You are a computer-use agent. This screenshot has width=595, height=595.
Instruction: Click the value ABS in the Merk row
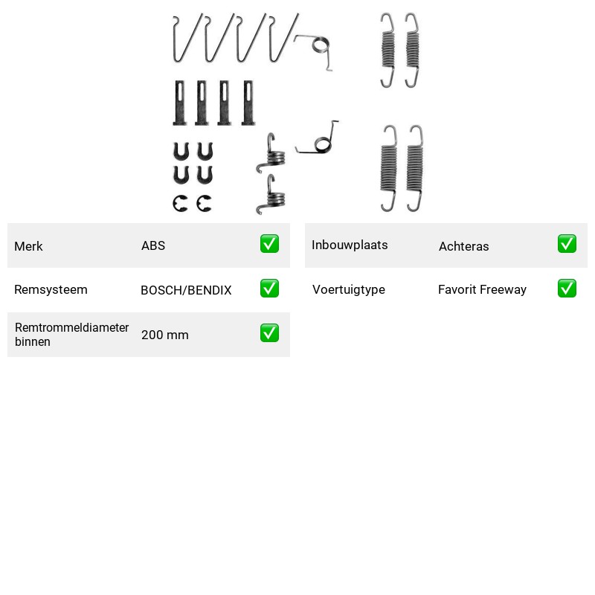(x=153, y=245)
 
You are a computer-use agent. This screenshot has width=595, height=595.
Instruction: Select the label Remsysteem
(x=51, y=289)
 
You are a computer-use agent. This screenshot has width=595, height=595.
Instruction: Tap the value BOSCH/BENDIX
(x=186, y=290)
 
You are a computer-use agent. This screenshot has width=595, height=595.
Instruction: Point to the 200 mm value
(x=164, y=335)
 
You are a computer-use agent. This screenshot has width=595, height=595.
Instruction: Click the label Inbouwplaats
(x=350, y=245)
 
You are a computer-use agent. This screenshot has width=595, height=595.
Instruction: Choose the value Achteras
(x=463, y=246)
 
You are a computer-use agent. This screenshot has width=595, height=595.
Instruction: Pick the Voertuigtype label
(x=349, y=289)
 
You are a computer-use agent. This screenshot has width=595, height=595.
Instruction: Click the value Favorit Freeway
(x=482, y=289)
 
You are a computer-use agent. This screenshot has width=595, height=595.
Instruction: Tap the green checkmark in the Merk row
(x=269, y=244)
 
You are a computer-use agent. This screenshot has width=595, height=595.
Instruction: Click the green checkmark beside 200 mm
(x=269, y=332)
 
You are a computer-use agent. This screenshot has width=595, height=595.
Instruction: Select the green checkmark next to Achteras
(x=567, y=244)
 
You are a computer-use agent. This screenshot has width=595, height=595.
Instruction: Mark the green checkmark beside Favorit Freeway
(x=567, y=289)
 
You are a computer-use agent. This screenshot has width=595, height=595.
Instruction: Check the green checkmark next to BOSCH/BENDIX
(x=269, y=289)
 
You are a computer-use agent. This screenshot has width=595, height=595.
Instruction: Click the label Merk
(x=28, y=246)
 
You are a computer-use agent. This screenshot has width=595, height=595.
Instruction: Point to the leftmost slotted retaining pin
(x=179, y=103)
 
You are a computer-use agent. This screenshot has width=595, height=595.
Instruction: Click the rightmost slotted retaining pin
(x=248, y=103)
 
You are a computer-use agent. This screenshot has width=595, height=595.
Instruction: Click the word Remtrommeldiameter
(x=71, y=327)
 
